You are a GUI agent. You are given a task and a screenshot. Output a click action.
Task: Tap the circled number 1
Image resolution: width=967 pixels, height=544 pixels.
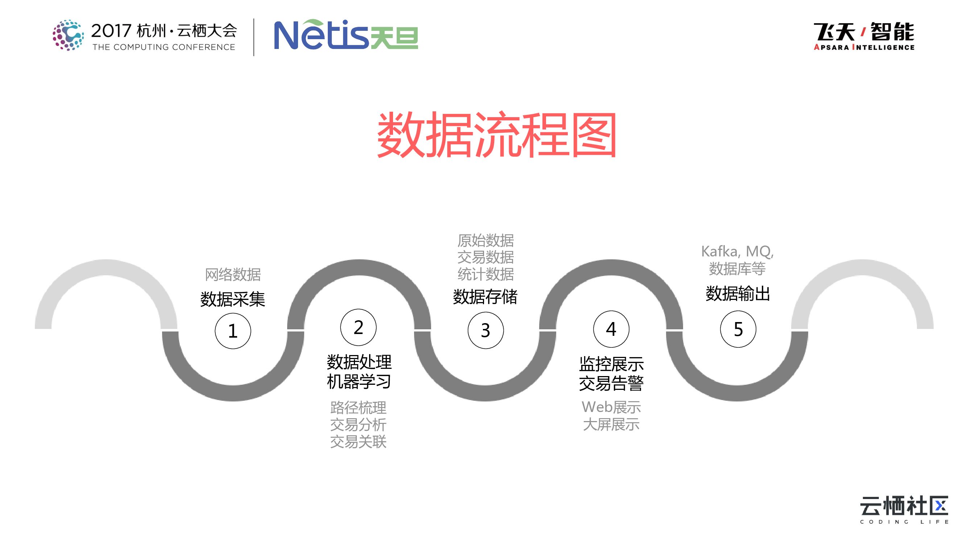click(x=233, y=331)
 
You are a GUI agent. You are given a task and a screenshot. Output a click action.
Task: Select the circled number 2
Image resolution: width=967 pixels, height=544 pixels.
click(x=358, y=327)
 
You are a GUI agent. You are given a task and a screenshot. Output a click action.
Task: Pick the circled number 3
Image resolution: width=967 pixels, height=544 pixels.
click(x=485, y=330)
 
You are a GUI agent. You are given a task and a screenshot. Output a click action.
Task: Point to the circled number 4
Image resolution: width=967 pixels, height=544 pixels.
click(x=611, y=329)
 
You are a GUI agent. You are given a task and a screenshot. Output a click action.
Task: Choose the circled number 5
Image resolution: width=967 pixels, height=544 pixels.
click(x=738, y=329)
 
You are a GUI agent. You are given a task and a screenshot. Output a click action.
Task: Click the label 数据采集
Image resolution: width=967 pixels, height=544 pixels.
click(x=233, y=299)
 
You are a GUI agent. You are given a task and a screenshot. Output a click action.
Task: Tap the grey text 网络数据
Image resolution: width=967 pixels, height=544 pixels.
click(x=233, y=275)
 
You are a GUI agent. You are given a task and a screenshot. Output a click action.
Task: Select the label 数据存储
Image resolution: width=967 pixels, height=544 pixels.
click(x=485, y=297)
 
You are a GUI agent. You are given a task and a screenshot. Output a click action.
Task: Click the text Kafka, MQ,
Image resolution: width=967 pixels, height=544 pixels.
click(x=737, y=252)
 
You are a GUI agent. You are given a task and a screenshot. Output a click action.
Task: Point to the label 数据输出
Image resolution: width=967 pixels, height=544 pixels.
click(x=737, y=294)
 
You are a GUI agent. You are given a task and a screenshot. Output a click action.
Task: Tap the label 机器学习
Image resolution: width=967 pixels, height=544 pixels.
click(x=359, y=382)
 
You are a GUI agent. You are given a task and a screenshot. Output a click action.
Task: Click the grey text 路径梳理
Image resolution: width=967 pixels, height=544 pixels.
click(x=358, y=408)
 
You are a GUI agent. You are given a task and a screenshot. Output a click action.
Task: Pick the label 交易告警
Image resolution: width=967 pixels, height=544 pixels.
click(x=611, y=383)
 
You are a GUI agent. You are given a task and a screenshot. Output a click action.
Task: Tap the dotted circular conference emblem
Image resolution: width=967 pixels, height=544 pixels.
click(x=68, y=35)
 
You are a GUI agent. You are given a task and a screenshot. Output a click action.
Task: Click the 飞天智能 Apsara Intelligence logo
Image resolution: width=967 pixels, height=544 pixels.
click(x=864, y=36)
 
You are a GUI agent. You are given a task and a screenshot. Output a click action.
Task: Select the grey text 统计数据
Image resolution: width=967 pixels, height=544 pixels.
click(x=485, y=275)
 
